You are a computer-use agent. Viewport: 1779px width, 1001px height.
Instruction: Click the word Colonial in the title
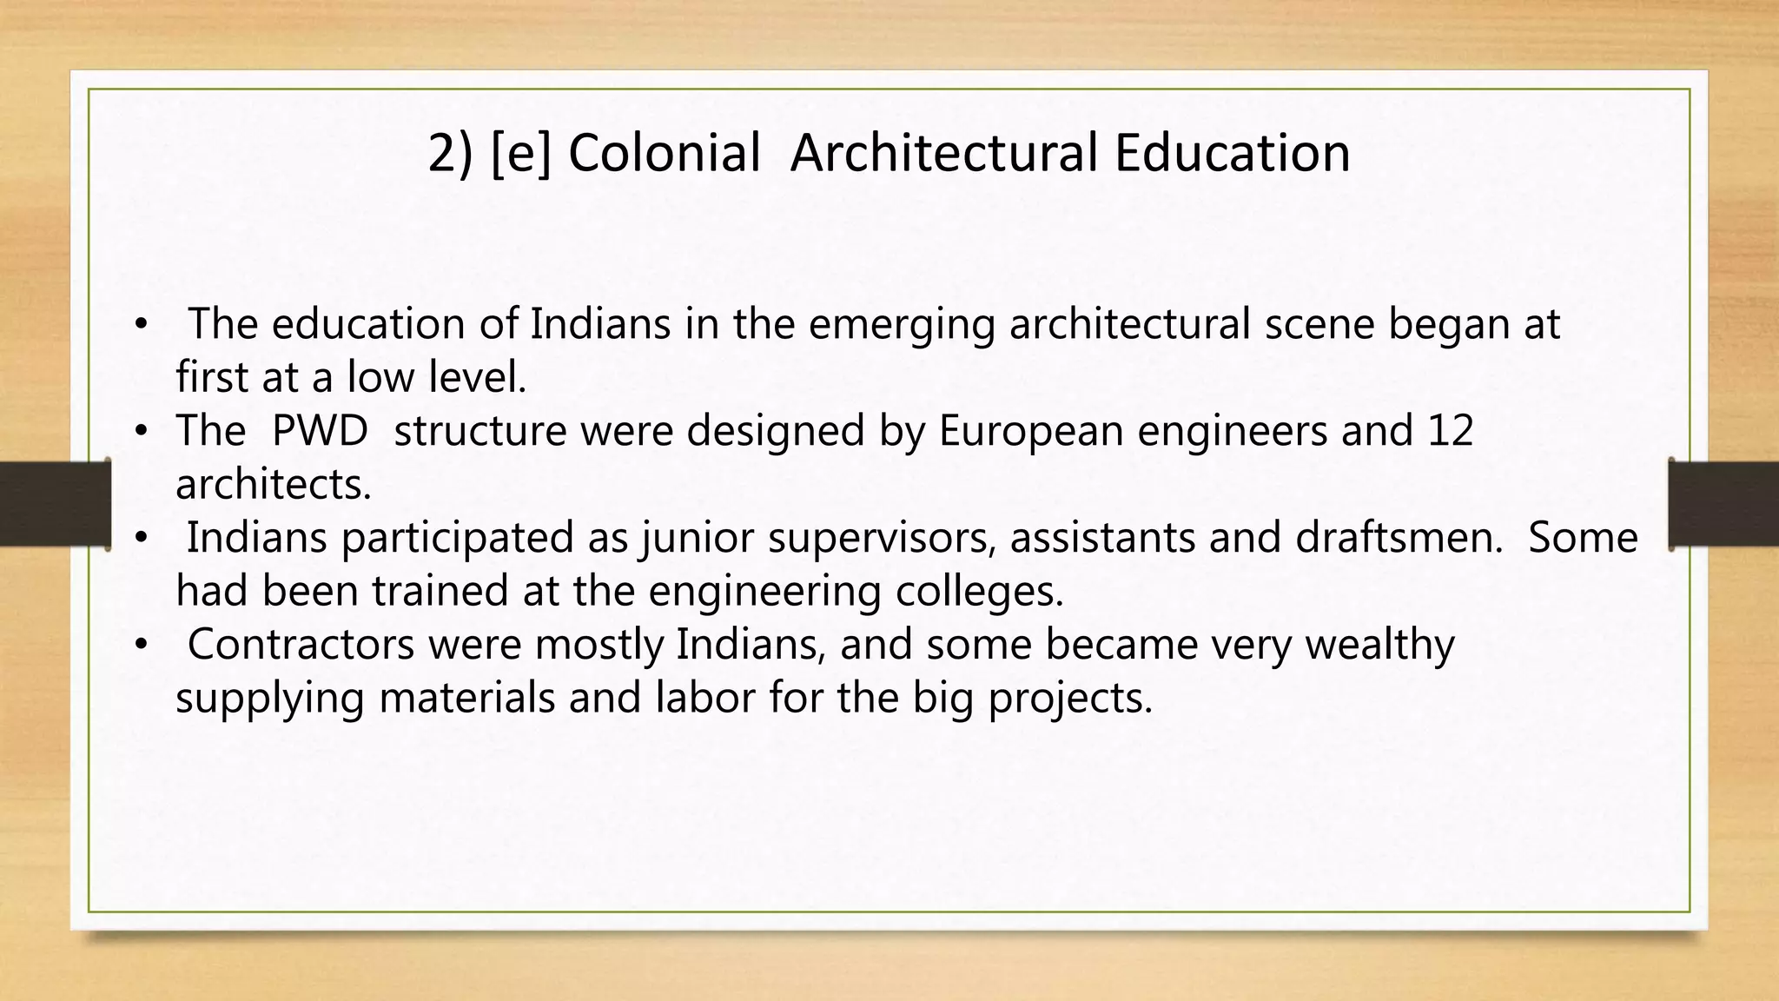coord(664,153)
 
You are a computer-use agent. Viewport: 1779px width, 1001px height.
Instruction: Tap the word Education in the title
coord(1232,153)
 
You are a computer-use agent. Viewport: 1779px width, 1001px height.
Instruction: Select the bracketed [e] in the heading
coord(521,153)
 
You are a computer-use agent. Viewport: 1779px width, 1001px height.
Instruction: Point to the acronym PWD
coord(320,430)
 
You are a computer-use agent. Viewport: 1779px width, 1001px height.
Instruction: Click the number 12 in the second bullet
coord(1449,430)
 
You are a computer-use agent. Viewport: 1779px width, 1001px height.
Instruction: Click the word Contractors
coord(301,644)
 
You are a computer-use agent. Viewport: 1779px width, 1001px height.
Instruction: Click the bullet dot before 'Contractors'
coord(142,645)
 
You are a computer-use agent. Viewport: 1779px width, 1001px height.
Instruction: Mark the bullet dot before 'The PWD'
coord(142,431)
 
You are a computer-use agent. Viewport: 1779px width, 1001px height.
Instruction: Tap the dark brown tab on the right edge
coord(1723,504)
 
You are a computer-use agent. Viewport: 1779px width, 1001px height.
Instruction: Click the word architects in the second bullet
coord(273,484)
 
